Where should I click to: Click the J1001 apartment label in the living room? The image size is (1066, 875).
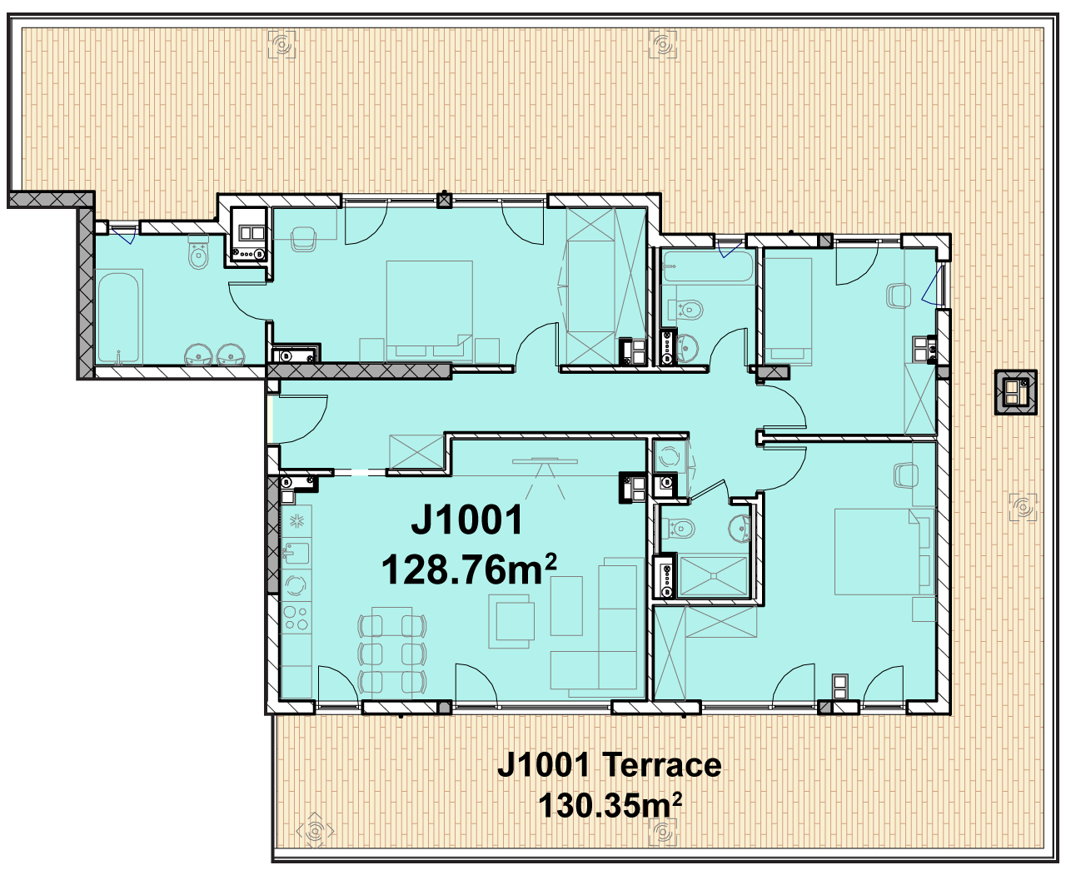click(466, 520)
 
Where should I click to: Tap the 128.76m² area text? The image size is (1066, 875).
click(469, 569)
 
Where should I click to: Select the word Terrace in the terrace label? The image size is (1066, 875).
click(661, 765)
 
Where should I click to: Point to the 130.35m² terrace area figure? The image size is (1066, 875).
click(610, 805)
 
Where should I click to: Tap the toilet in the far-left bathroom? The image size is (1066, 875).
click(199, 252)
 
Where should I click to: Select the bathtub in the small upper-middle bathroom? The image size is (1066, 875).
click(707, 266)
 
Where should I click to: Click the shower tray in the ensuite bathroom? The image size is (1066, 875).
click(713, 576)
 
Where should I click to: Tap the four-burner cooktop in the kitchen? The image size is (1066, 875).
click(296, 618)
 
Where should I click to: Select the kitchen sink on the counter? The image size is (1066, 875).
click(296, 552)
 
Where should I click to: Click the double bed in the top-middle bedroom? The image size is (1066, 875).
click(430, 311)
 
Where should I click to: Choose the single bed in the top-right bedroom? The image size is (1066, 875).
click(788, 311)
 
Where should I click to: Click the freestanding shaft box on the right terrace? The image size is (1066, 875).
click(1015, 392)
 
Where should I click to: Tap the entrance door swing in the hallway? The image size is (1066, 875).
click(302, 420)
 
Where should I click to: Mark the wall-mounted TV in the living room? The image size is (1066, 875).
click(545, 460)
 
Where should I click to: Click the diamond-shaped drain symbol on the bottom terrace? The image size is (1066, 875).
click(315, 831)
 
